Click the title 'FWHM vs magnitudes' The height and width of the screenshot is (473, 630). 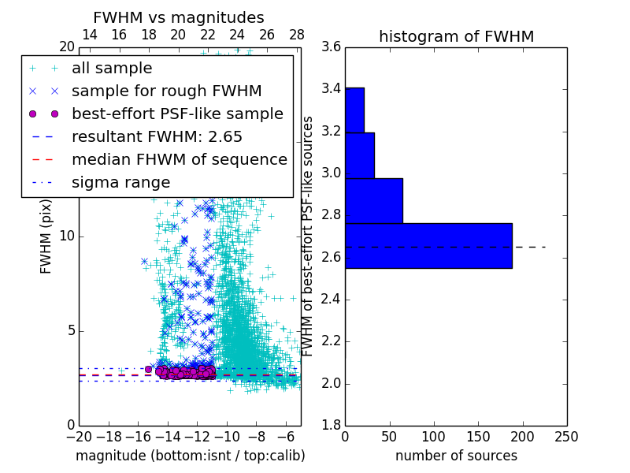178,17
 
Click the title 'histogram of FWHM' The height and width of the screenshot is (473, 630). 456,36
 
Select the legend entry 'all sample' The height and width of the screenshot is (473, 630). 112,69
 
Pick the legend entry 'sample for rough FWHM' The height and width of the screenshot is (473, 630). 166,91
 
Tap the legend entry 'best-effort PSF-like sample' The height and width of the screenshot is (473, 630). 177,114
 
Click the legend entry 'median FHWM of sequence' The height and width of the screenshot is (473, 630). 179,159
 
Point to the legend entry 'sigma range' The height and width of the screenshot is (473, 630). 120,182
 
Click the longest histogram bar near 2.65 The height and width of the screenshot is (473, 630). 428,246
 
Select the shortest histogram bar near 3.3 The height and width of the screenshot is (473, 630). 354,110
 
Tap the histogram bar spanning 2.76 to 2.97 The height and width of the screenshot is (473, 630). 374,201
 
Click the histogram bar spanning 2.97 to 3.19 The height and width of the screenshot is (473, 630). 360,155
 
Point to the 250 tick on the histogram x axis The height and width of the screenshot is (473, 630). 566,434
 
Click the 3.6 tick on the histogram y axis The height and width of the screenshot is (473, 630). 331,47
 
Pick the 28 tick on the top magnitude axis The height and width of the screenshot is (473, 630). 297,35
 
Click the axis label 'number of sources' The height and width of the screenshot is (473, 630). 456,456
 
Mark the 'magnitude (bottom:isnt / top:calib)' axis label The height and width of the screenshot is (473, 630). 190,456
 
